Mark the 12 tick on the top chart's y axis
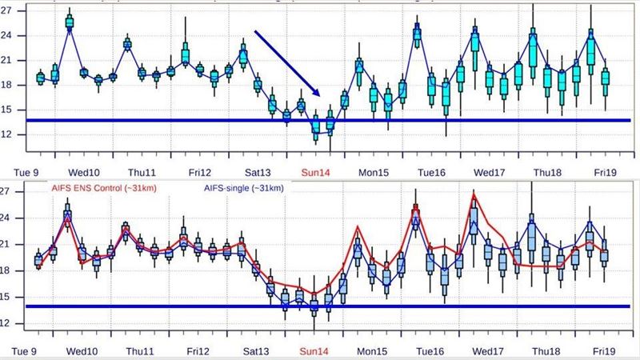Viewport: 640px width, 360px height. tap(7, 134)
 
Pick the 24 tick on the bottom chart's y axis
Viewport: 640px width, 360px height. tap(7, 218)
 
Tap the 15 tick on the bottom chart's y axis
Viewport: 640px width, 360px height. tap(7, 297)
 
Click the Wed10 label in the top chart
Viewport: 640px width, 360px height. tap(83, 171)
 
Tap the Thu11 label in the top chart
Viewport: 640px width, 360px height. tap(142, 171)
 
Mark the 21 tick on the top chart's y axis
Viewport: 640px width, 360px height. tap(7, 62)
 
